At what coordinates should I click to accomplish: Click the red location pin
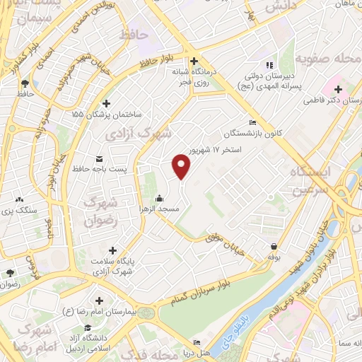(x=182, y=165)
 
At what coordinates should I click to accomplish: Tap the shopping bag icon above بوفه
(x=274, y=246)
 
